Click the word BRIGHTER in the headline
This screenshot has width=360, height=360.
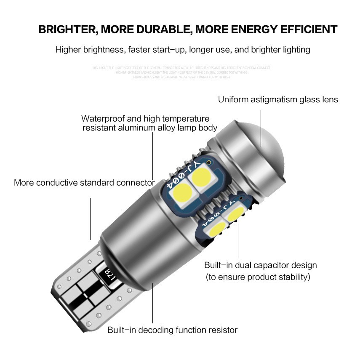click(67, 29)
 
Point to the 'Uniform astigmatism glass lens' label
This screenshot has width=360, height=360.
click(278, 100)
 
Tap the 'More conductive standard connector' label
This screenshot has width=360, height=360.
click(84, 183)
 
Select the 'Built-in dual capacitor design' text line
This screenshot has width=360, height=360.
click(260, 265)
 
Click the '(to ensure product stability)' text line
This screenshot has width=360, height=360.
click(258, 277)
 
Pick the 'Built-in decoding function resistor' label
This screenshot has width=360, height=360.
click(172, 330)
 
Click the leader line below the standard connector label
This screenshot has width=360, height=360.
click(91, 219)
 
